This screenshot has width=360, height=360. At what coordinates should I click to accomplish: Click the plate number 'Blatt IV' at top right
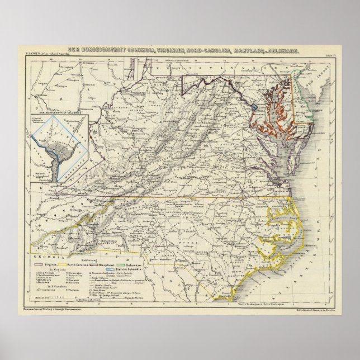tap(330, 55)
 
